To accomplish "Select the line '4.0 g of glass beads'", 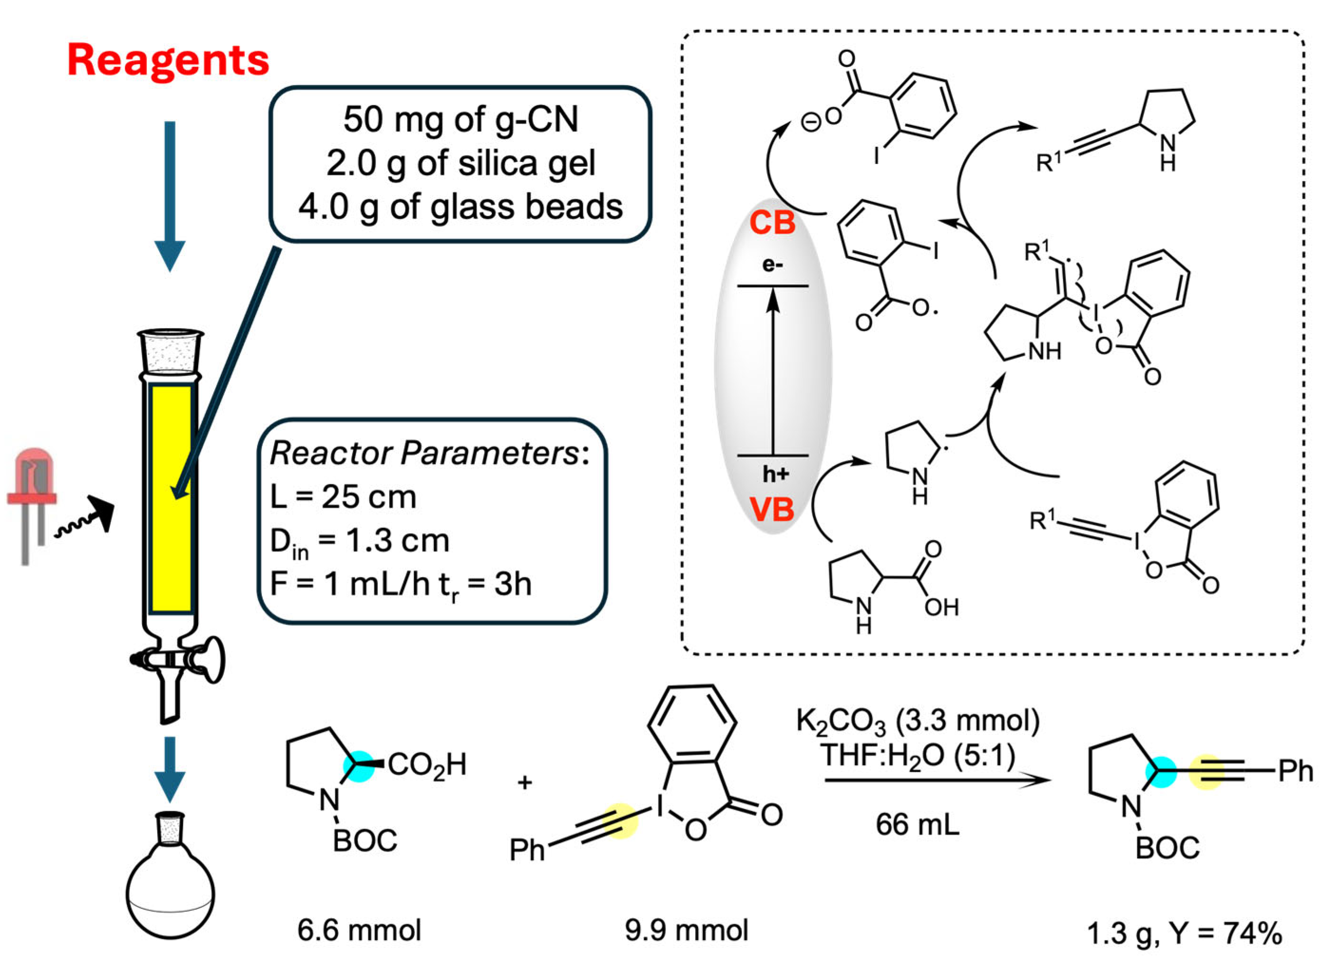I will (460, 207).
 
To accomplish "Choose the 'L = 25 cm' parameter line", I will (344, 498).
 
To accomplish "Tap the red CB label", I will (773, 223).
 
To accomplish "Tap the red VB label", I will (773, 509).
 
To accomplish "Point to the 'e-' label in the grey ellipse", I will (773, 265).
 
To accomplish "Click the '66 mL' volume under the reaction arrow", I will (917, 825).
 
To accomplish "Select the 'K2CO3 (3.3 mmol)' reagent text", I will (917, 721).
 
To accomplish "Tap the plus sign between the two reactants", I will (525, 782).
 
